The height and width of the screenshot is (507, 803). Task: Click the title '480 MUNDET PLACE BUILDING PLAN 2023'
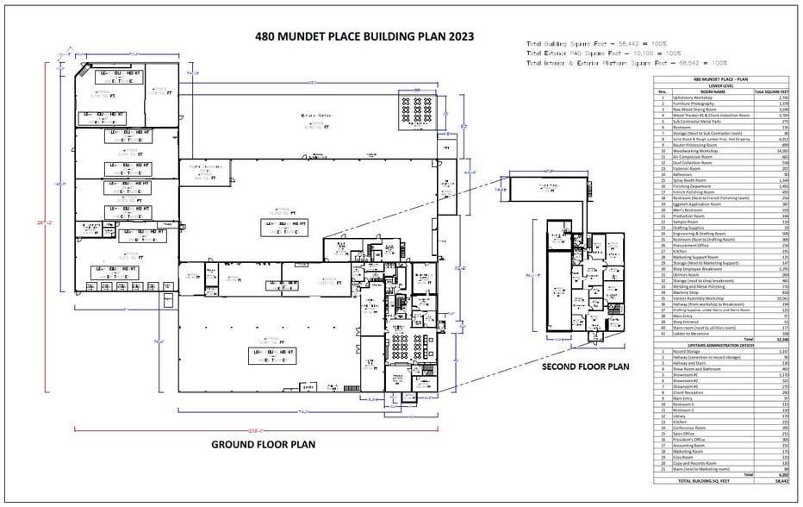tap(364, 37)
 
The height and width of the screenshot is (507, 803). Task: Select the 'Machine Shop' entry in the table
tap(686, 292)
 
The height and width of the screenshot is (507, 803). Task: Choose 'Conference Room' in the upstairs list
tap(689, 428)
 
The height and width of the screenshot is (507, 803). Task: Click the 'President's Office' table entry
tap(690, 439)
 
